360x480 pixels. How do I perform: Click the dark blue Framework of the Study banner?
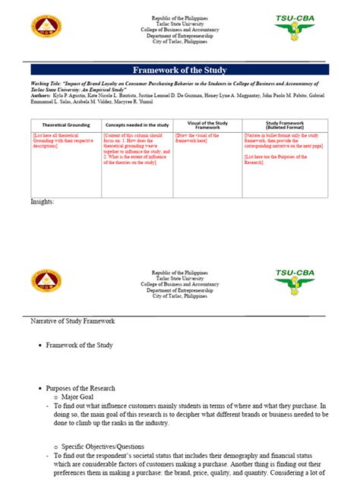[x=180, y=70]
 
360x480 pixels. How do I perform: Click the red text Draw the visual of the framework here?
[x=207, y=139]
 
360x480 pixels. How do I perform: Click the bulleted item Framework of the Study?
[x=79, y=346]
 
